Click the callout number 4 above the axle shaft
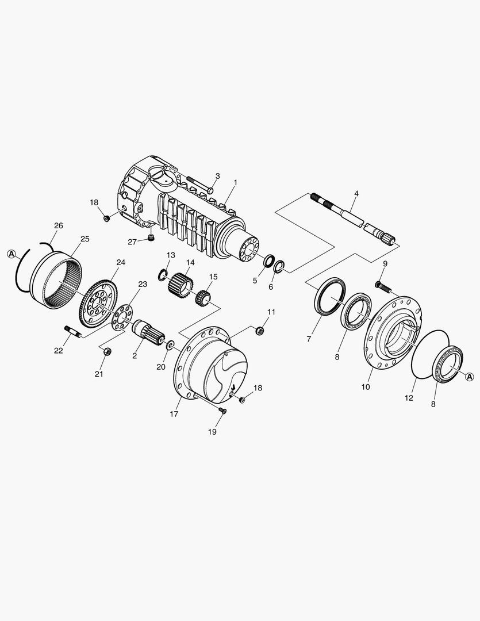coord(356,194)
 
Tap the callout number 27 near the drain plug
coord(132,241)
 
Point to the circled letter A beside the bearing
coord(469,377)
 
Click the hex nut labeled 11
coord(260,329)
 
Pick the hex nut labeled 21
coord(107,351)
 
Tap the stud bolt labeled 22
coord(72,331)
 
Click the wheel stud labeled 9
coord(382,286)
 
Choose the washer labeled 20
coord(171,344)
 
